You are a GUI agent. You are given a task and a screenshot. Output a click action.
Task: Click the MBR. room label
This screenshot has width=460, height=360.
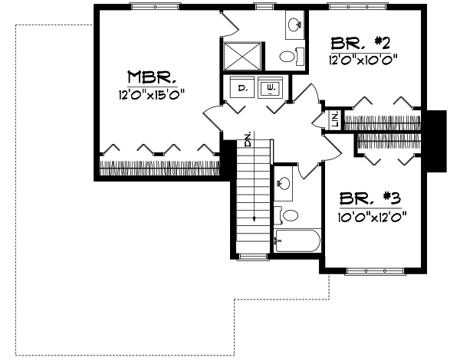click(x=153, y=77)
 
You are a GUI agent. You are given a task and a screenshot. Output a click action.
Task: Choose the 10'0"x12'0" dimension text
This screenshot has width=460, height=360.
click(x=370, y=216)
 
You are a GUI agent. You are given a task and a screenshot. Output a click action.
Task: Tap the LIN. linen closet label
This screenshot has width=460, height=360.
click(x=335, y=119)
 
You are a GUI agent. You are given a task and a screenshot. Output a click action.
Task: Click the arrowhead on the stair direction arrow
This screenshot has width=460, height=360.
click(x=252, y=219)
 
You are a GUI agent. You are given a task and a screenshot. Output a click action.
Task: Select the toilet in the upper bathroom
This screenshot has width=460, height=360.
click(x=287, y=56)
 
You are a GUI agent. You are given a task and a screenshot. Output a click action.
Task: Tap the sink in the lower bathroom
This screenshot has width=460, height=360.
click(x=283, y=183)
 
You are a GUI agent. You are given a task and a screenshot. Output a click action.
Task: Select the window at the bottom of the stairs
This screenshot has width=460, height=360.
click(x=251, y=256)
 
